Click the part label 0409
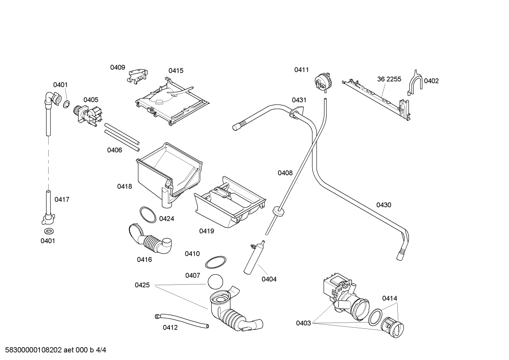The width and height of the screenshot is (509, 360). click(x=118, y=67)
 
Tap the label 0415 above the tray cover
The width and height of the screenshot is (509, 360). click(x=176, y=71)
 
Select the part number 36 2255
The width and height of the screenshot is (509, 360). click(x=389, y=79)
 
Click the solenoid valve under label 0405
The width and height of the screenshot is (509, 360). click(x=88, y=115)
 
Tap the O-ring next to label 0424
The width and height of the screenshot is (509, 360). click(x=148, y=215)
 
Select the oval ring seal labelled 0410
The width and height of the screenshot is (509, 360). click(x=216, y=262)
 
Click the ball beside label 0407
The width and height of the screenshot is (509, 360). click(x=215, y=282)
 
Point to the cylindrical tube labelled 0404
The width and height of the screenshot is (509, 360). click(x=254, y=258)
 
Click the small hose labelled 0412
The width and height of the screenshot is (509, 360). click(x=181, y=320)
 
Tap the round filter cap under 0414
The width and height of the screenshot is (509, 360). click(x=393, y=327)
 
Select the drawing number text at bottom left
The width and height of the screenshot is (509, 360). click(x=55, y=350)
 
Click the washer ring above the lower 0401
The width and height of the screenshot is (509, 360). click(x=49, y=231)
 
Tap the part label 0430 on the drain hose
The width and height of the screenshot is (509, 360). click(x=384, y=205)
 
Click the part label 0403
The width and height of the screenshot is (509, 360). click(x=303, y=323)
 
